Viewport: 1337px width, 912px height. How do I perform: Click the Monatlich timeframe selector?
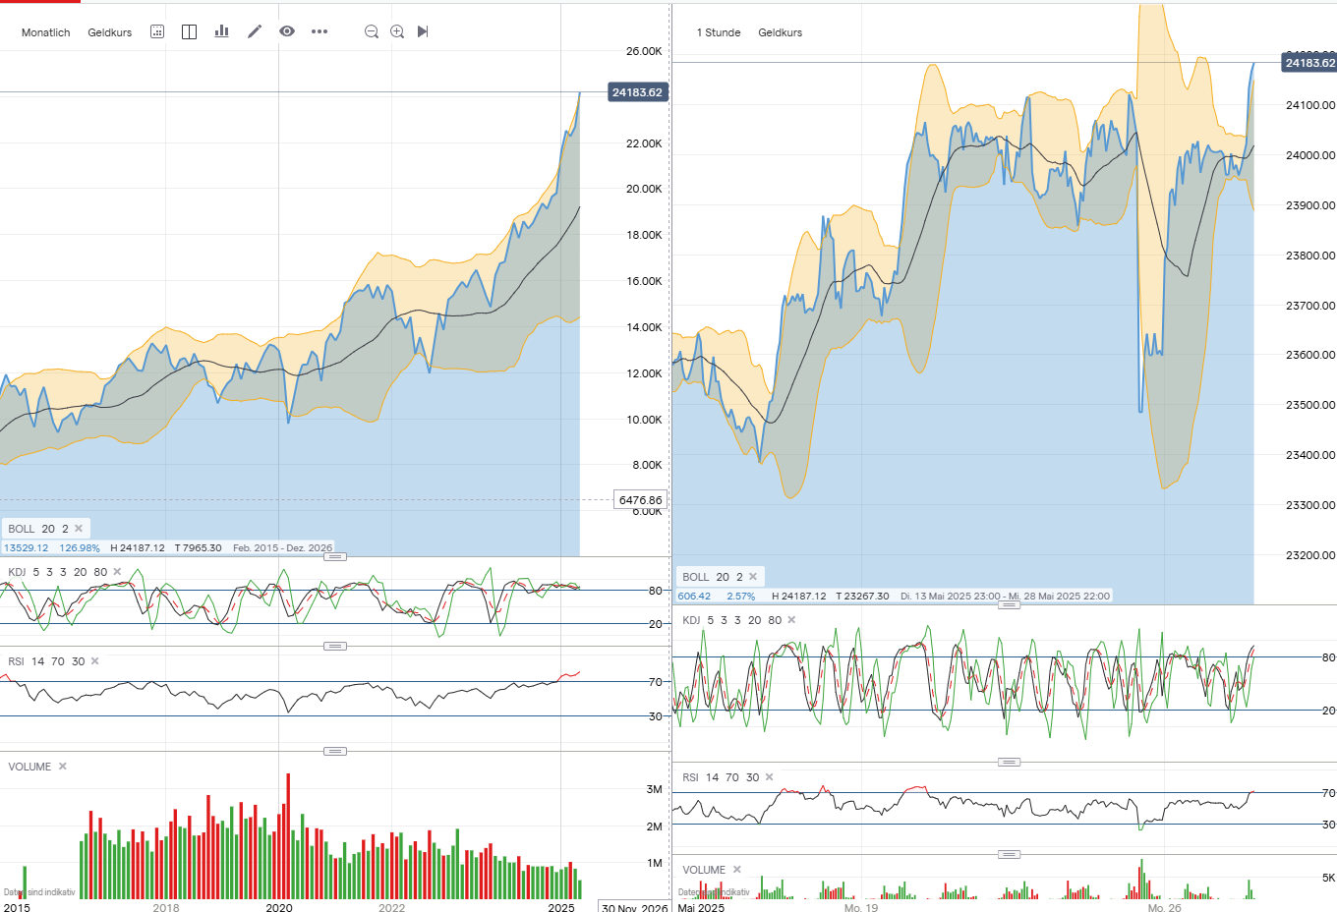click(x=45, y=32)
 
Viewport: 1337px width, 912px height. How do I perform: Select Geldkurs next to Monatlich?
click(x=109, y=32)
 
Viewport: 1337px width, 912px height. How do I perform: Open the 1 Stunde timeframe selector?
click(x=719, y=32)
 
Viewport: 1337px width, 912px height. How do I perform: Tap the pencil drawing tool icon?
click(x=255, y=31)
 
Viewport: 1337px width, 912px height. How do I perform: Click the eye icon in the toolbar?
click(x=287, y=31)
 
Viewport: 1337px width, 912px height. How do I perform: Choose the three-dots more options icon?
click(x=320, y=31)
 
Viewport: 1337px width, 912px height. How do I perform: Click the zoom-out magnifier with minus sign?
click(x=372, y=31)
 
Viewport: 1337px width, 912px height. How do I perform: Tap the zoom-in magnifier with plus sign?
click(x=397, y=31)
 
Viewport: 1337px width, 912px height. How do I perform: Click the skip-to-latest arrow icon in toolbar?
click(x=423, y=31)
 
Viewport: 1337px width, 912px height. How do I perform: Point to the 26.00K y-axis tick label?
click(x=644, y=51)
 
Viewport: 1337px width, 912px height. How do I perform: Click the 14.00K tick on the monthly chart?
click(x=644, y=327)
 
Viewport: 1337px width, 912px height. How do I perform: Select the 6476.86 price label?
click(x=640, y=500)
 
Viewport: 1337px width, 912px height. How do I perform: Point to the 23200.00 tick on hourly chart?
click(x=1310, y=555)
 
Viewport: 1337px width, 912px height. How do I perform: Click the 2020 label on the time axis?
click(x=279, y=907)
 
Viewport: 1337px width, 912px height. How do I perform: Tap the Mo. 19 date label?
click(x=860, y=907)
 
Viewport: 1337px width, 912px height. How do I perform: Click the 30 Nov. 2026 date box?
click(x=634, y=907)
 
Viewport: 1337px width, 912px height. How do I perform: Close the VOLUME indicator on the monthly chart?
click(x=63, y=767)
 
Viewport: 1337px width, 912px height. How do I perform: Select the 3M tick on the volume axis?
click(x=654, y=789)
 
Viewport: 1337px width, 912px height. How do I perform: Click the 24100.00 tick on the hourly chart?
click(x=1310, y=105)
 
